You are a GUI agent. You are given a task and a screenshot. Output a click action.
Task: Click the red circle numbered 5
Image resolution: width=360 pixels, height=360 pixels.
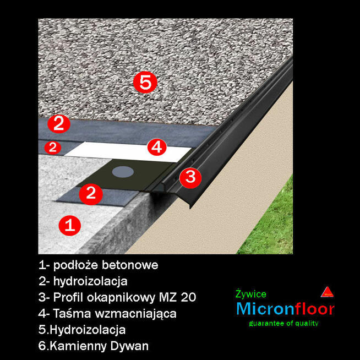click(x=145, y=83)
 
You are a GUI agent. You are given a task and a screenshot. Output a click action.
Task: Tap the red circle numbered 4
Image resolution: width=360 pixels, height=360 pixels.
click(x=157, y=147)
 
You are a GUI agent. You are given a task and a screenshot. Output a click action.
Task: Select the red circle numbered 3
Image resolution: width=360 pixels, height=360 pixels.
click(x=190, y=177)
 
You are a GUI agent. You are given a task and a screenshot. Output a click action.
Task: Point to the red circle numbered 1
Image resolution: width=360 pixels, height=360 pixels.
click(x=70, y=225)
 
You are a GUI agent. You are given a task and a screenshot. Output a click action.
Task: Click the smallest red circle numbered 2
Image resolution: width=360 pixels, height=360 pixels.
click(x=52, y=148)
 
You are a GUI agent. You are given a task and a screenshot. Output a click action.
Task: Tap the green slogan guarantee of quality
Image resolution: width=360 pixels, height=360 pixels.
click(x=283, y=323)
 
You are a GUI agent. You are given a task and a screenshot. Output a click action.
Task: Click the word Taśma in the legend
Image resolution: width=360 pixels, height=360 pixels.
click(x=72, y=314)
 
